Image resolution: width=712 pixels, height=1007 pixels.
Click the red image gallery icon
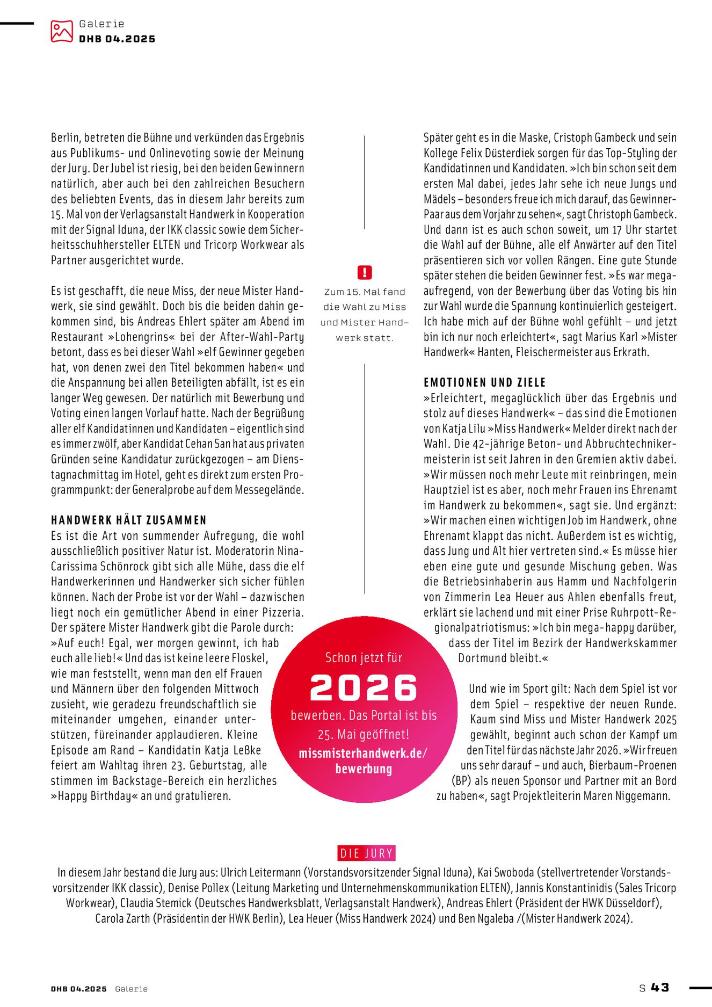point(61,31)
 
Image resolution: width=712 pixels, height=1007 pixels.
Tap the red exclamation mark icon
point(364,272)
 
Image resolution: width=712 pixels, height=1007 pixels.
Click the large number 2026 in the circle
point(364,687)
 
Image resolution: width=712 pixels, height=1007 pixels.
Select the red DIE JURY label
point(367,853)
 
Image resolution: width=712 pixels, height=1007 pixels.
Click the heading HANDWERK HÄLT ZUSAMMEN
point(129,520)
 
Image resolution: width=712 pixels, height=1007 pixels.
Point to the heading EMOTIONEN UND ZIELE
point(484,382)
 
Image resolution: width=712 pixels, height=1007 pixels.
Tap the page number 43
point(660,987)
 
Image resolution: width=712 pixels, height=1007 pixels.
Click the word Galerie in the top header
point(101,24)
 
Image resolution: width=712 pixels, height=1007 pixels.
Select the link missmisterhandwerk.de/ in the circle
point(363,753)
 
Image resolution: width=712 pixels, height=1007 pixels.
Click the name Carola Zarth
point(123,918)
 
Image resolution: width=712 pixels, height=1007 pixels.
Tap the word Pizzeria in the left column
point(282,612)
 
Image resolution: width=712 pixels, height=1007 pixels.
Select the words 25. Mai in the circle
point(335,734)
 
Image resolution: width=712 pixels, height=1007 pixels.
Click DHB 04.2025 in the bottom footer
point(79,989)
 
